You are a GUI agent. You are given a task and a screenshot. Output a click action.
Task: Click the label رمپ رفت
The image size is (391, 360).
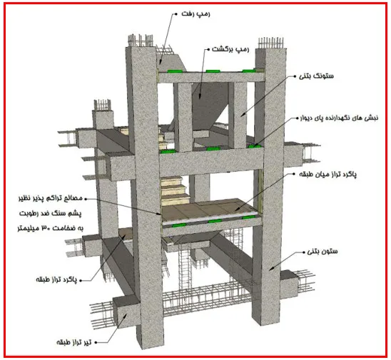(x=195, y=14)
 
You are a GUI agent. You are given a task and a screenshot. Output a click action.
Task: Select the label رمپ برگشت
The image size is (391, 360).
(x=230, y=49)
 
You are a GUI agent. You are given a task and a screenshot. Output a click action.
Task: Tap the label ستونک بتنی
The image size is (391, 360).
(x=316, y=76)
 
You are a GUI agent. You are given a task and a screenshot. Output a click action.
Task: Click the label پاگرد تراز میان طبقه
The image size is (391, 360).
(x=327, y=175)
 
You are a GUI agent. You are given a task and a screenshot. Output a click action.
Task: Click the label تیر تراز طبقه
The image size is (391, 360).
(x=73, y=342)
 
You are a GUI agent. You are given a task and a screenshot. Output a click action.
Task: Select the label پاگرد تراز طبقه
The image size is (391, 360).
(x=56, y=280)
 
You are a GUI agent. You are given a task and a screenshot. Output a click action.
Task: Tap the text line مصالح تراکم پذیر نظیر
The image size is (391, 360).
(x=50, y=199)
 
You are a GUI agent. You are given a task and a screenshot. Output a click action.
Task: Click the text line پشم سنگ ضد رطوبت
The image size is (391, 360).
(x=51, y=214)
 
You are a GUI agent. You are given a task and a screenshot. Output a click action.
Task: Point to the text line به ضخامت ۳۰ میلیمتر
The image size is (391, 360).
(x=51, y=228)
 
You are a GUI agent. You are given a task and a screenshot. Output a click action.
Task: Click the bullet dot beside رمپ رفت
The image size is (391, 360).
(x=176, y=14)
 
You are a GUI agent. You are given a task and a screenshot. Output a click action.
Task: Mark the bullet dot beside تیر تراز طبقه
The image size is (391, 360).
(x=96, y=343)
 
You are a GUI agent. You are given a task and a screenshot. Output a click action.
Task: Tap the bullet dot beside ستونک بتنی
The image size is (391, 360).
(x=295, y=76)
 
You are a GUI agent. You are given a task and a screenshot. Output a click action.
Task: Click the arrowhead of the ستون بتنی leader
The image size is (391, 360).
(x=270, y=269)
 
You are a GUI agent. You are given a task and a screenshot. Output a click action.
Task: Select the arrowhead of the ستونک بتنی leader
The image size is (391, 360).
(x=242, y=115)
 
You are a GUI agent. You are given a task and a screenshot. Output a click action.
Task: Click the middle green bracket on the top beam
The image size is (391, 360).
(x=213, y=71)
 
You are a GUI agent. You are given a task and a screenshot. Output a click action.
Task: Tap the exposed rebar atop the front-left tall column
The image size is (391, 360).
(x=141, y=41)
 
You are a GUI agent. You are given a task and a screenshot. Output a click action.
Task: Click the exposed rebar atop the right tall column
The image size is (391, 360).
(x=271, y=43)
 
